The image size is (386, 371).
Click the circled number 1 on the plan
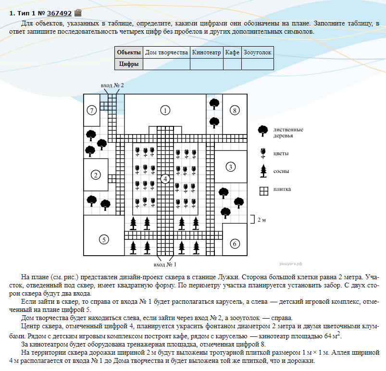click(x=165, y=111)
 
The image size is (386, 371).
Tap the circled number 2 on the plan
click(x=96, y=175)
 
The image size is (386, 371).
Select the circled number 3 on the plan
click(x=231, y=167)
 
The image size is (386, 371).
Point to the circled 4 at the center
click(x=165, y=179)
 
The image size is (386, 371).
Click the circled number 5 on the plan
click(x=103, y=239)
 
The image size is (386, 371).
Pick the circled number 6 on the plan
click(x=234, y=244)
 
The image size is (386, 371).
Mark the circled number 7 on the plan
click(x=92, y=111)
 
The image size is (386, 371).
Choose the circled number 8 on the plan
click(x=234, y=111)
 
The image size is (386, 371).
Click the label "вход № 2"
click(x=112, y=85)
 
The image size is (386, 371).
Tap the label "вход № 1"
click(x=165, y=264)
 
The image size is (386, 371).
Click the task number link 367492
click(x=60, y=13)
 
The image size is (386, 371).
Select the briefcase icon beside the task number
click(x=78, y=13)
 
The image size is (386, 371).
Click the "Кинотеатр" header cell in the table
click(x=206, y=52)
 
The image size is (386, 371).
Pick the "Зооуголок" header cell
click(x=258, y=52)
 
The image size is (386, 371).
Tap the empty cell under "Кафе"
click(x=232, y=64)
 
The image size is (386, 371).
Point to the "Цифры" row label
click(x=129, y=64)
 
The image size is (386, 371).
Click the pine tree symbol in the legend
click(x=263, y=170)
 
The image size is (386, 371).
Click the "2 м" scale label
click(x=261, y=220)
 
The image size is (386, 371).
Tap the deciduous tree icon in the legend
click(x=263, y=131)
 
